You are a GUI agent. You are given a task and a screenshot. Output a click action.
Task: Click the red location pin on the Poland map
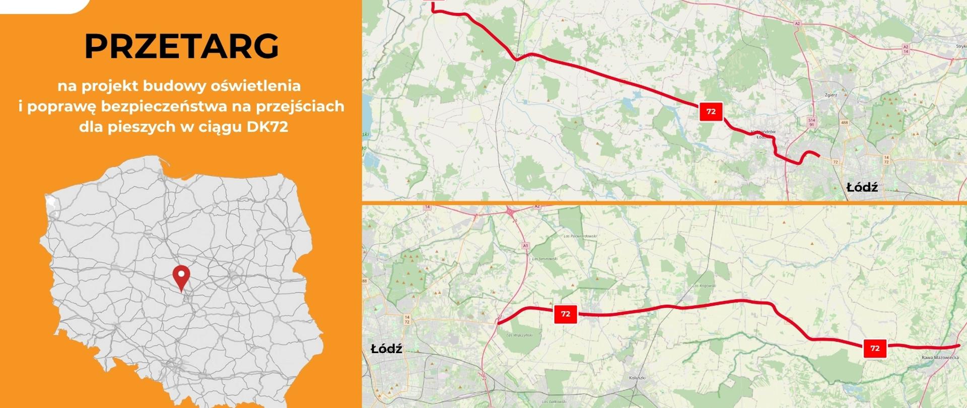[181, 276]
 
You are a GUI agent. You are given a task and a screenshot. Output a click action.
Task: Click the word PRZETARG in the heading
[181, 46]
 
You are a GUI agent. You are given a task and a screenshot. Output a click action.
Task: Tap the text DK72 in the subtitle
[267, 127]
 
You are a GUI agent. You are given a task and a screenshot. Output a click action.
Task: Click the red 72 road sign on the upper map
[711, 111]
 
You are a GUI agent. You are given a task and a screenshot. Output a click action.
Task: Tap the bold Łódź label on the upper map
[862, 188]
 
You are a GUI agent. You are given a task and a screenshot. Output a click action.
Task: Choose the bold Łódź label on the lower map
[386, 349]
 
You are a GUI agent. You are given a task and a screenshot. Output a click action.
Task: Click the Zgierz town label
[831, 94]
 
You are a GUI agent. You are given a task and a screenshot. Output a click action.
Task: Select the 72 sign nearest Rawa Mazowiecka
[875, 348]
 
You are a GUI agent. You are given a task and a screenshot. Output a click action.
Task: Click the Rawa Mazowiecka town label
[940, 358]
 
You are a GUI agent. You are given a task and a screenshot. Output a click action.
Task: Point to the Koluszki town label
[637, 378]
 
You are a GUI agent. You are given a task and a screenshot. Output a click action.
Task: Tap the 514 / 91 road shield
[811, 122]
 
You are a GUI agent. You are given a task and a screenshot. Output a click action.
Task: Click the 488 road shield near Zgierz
[844, 122]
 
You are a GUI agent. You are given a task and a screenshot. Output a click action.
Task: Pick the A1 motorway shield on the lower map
[525, 246]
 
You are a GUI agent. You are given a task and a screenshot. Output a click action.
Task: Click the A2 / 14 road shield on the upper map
[906, 49]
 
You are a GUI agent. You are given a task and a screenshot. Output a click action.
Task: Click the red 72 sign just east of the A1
[565, 314]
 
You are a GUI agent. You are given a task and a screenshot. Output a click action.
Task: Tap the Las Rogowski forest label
[704, 286]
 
